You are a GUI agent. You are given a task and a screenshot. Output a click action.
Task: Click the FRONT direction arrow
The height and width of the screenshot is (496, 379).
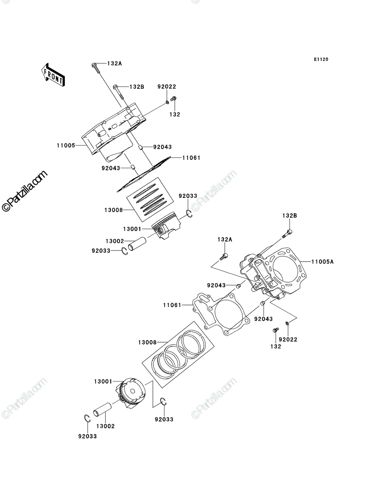[53, 75]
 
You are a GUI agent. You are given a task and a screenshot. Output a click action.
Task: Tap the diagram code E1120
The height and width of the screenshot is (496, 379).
[321, 60]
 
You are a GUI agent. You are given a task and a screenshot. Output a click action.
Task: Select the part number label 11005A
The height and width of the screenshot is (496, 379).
[322, 262]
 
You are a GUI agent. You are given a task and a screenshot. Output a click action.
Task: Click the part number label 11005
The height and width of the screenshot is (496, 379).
[66, 145]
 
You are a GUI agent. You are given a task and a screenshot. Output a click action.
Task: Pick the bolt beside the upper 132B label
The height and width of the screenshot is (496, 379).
[119, 92]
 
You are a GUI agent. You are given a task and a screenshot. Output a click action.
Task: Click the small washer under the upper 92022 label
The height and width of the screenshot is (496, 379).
[167, 103]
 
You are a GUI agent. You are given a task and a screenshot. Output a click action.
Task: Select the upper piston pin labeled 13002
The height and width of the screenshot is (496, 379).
[137, 244]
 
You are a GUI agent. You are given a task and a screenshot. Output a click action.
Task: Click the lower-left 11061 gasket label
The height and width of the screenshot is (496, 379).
[172, 305]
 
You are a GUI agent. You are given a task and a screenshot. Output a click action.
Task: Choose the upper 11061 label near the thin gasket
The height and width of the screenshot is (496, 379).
[191, 158]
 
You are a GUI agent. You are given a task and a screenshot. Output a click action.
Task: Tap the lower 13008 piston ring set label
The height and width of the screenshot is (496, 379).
[147, 343]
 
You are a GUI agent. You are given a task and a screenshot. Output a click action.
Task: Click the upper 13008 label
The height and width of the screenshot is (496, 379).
[113, 210]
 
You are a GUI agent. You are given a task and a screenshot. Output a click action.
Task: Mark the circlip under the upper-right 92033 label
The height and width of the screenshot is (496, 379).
[189, 214]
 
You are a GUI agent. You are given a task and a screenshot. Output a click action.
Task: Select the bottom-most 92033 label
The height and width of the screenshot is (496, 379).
[87, 436]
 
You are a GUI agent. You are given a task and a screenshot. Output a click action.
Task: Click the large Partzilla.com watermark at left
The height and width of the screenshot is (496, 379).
[24, 191]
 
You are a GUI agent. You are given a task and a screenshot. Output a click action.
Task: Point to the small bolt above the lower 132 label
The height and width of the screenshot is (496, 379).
[276, 330]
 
